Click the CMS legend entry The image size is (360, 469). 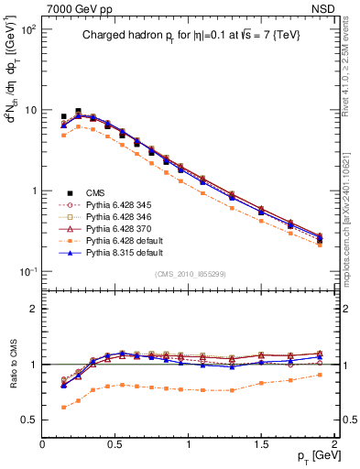coord(93,192)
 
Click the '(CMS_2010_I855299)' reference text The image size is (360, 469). coord(188,275)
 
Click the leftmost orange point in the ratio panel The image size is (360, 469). coord(63,407)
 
